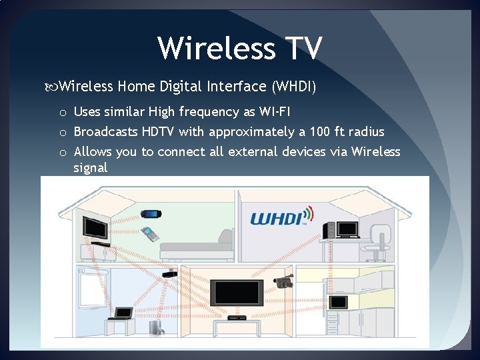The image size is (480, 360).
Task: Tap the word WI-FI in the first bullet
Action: (x=269, y=111)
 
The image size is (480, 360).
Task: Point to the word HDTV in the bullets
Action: (x=158, y=131)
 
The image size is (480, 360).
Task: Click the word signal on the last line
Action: (x=91, y=167)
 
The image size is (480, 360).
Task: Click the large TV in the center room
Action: (x=233, y=292)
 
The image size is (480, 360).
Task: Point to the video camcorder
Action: (x=283, y=281)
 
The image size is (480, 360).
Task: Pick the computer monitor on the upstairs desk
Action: (x=347, y=229)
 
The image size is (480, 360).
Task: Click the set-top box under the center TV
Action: (x=233, y=319)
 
